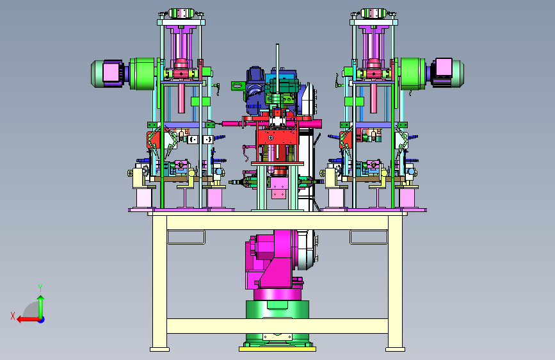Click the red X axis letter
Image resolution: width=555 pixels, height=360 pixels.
point(13,316)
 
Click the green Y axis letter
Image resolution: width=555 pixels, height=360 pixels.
point(40,288)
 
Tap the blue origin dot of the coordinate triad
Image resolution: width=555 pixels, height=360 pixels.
point(42,320)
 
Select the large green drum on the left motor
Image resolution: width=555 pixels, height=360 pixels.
point(142,74)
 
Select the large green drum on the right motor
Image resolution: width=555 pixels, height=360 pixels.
point(413,74)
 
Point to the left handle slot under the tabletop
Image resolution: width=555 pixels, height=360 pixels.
point(186,237)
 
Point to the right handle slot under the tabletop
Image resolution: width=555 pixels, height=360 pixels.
point(369,237)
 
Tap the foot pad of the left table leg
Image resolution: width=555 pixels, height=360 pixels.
point(159,349)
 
